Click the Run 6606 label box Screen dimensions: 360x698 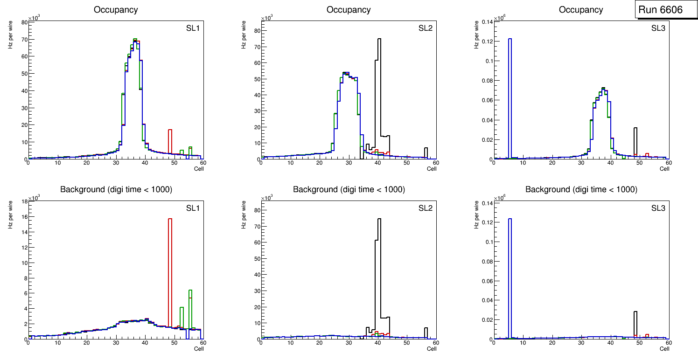coord(660,10)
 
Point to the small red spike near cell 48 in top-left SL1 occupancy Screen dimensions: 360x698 coord(170,140)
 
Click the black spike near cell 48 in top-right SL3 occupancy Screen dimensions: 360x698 coord(635,140)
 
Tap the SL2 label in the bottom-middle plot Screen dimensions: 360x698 coord(426,208)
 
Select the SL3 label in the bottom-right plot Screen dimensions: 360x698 coord(658,208)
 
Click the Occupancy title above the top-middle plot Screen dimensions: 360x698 coord(349,10)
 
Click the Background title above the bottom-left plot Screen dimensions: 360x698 coord(116,189)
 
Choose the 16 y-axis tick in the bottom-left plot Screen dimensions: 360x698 coord(23,217)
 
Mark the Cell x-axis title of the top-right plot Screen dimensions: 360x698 coord(664,169)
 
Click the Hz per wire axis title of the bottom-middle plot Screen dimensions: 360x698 coord(243,215)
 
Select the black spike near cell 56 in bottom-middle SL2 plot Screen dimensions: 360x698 coord(426,332)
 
